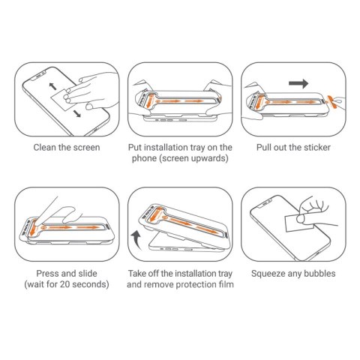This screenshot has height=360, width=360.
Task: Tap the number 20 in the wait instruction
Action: tap(76, 286)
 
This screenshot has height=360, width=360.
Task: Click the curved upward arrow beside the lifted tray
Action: tap(136, 241)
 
